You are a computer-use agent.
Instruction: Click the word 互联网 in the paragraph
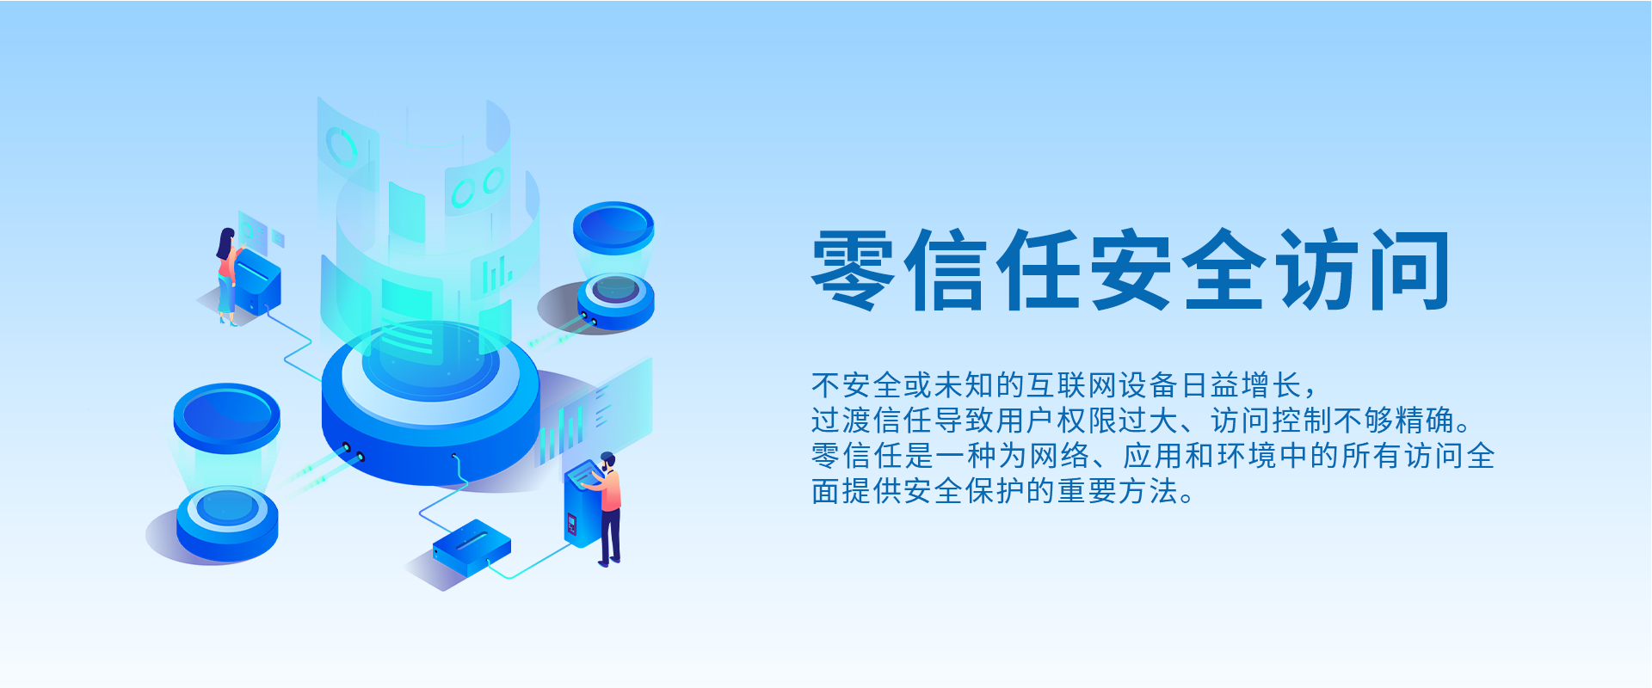click(1073, 385)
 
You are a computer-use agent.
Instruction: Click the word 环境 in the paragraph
click(1248, 456)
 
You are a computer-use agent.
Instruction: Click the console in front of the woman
click(257, 282)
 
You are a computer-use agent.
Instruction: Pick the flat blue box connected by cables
click(472, 548)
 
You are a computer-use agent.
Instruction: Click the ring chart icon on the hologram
click(342, 146)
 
